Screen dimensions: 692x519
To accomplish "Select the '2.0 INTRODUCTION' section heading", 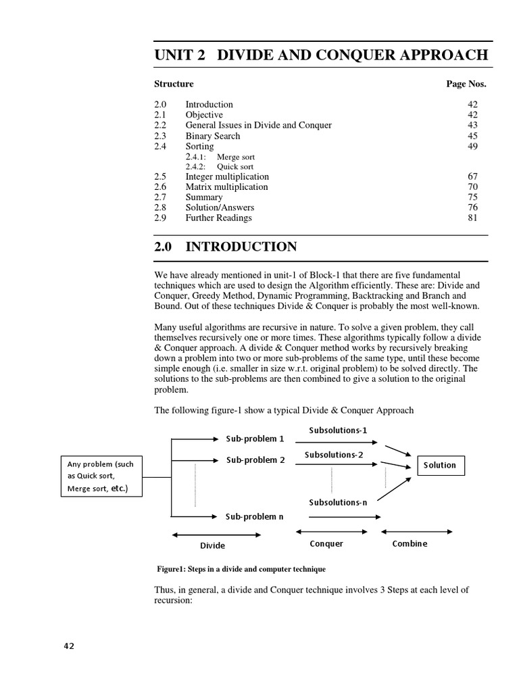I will pos(226,247).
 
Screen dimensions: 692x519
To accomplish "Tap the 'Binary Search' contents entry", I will pos(212,136).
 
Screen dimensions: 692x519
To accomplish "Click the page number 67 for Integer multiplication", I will pos(472,176).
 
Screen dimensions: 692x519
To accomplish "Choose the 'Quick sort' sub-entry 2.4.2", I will pos(236,166).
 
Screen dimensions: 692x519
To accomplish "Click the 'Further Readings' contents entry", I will pos(218,218).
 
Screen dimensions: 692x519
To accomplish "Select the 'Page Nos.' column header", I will pos(466,84).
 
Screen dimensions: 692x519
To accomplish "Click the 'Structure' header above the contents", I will pos(174,84).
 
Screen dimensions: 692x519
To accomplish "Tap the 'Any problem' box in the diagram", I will pos(101,476).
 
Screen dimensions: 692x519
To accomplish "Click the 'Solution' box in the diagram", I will pos(440,465).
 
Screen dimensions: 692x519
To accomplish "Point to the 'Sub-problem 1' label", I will pos(255,439).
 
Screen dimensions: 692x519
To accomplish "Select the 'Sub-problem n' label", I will pos(255,516).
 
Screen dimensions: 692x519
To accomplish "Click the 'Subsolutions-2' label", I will pos(334,455).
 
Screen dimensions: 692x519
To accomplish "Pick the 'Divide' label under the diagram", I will pos(212,545).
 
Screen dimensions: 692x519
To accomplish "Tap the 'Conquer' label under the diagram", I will pos(326,543).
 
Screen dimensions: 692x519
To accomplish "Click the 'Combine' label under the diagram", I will pos(410,543).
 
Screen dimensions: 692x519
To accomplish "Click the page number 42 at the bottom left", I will pos(69,645).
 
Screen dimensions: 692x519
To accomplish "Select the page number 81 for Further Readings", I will pos(472,218).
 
